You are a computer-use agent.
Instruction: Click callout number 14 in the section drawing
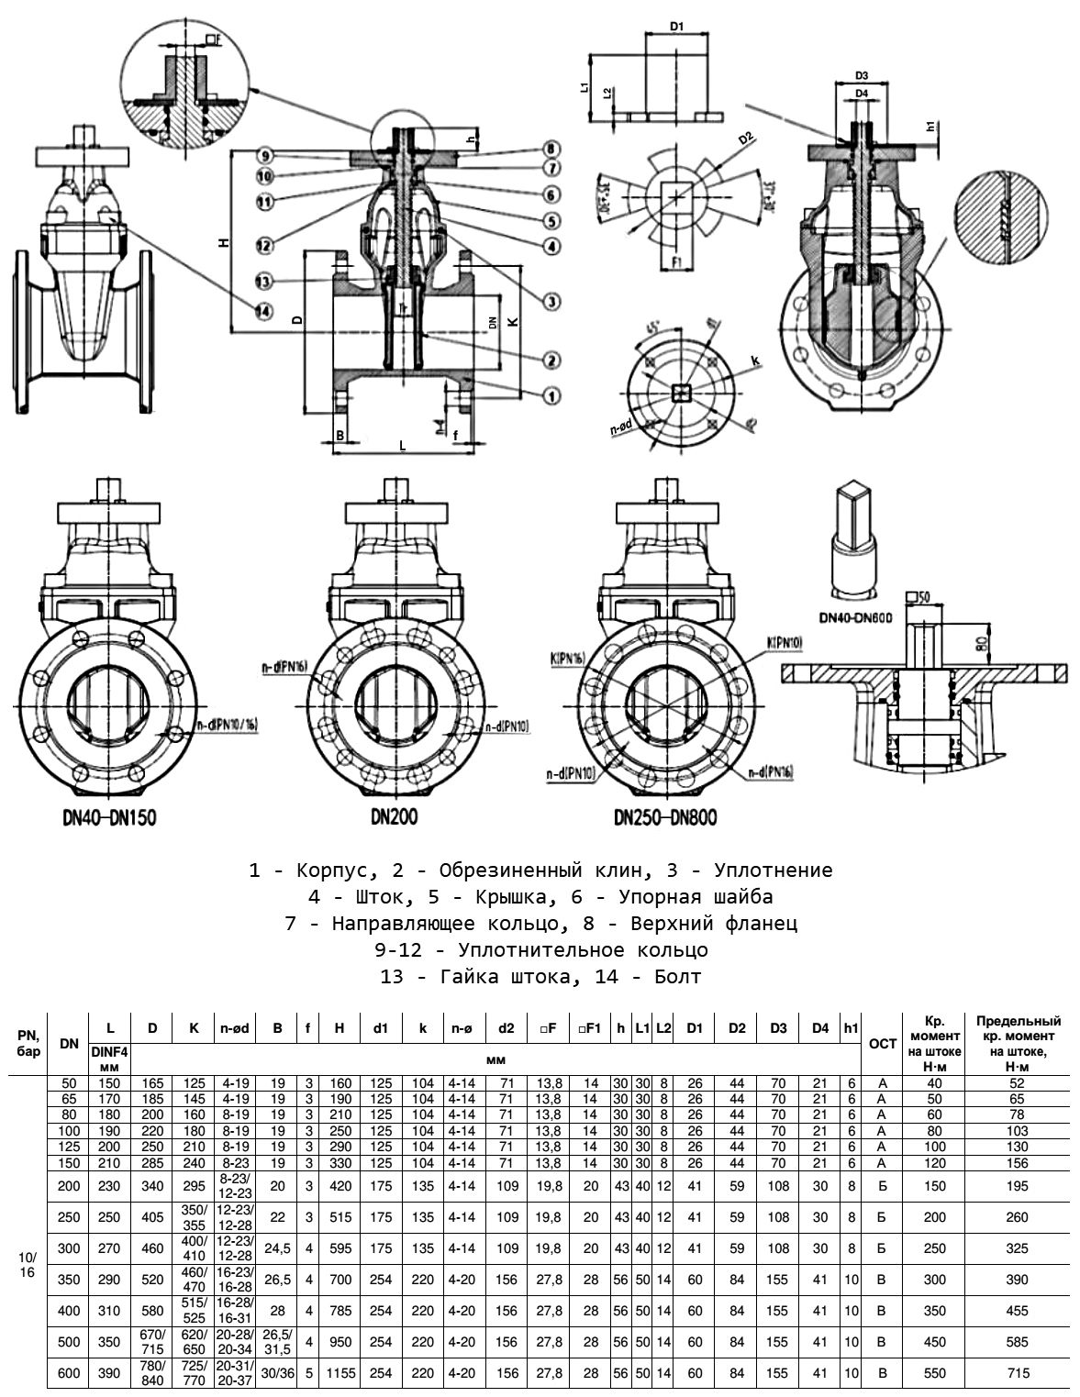[263, 312]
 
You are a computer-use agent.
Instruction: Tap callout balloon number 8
[551, 149]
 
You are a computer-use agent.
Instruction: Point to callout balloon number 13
[263, 281]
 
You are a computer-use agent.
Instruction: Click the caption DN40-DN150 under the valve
[95, 817]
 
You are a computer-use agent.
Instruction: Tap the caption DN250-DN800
[665, 817]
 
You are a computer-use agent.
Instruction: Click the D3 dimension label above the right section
[862, 75]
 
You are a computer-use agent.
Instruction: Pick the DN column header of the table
[69, 1044]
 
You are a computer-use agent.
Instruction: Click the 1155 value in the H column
[340, 1373]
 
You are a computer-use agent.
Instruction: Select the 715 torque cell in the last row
[1018, 1373]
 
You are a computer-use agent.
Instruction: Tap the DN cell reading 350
[69, 1279]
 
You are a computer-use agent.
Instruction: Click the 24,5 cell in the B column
[277, 1247]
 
